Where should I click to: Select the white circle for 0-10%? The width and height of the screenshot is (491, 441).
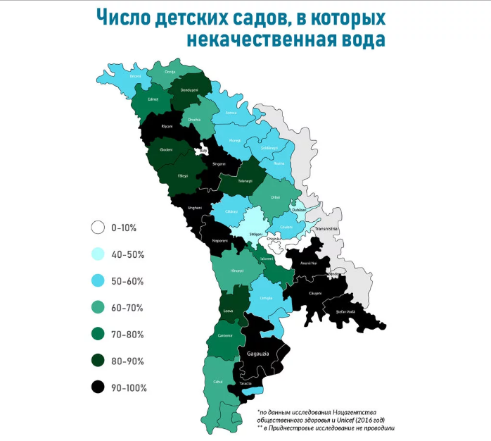click(x=98, y=228)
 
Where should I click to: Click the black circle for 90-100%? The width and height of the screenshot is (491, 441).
click(x=98, y=387)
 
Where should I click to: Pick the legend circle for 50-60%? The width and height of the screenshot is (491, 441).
click(x=98, y=280)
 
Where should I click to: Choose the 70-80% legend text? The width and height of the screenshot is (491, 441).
click(x=129, y=334)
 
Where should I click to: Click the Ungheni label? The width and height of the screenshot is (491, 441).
click(x=196, y=208)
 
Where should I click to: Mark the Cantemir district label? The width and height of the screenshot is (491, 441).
click(x=226, y=335)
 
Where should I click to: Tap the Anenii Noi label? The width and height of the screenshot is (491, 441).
click(x=310, y=263)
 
